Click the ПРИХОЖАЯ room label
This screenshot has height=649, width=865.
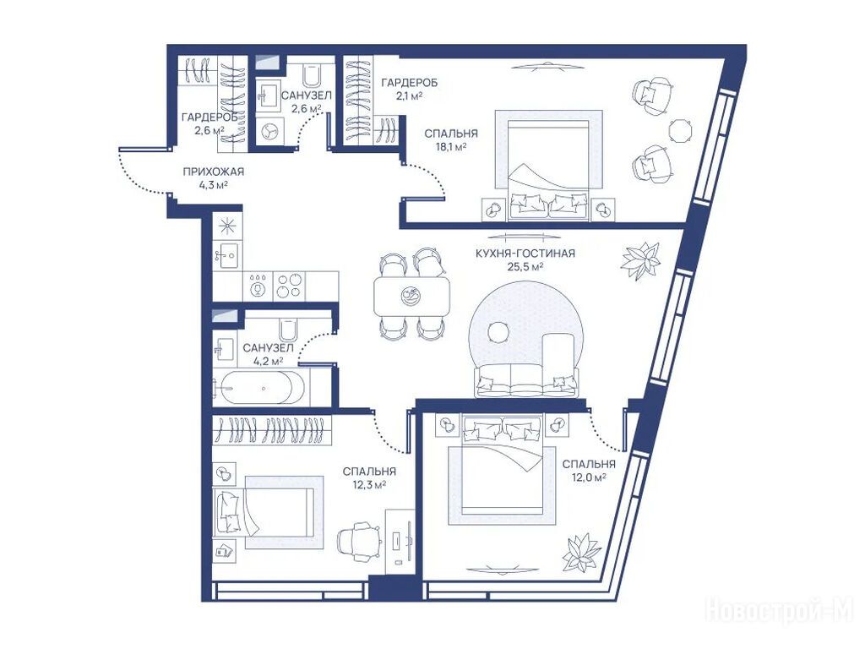pyautogui.click(x=214, y=172)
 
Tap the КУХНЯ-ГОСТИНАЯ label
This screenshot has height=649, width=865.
pyautogui.click(x=525, y=254)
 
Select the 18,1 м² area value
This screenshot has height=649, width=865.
pyautogui.click(x=451, y=147)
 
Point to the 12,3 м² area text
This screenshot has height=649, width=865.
pyautogui.click(x=369, y=484)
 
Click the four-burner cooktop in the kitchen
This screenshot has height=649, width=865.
pyautogui.click(x=290, y=286)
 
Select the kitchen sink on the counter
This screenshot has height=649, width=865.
pyautogui.click(x=226, y=254)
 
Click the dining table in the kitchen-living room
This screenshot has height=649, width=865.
pyautogui.click(x=412, y=296)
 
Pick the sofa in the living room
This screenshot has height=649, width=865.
pyautogui.click(x=527, y=379)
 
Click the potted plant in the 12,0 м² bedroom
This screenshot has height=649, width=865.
pyautogui.click(x=582, y=553)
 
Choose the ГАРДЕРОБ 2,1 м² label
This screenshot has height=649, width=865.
pyautogui.click(x=410, y=89)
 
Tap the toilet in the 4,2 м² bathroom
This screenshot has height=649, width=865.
pyautogui.click(x=289, y=330)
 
